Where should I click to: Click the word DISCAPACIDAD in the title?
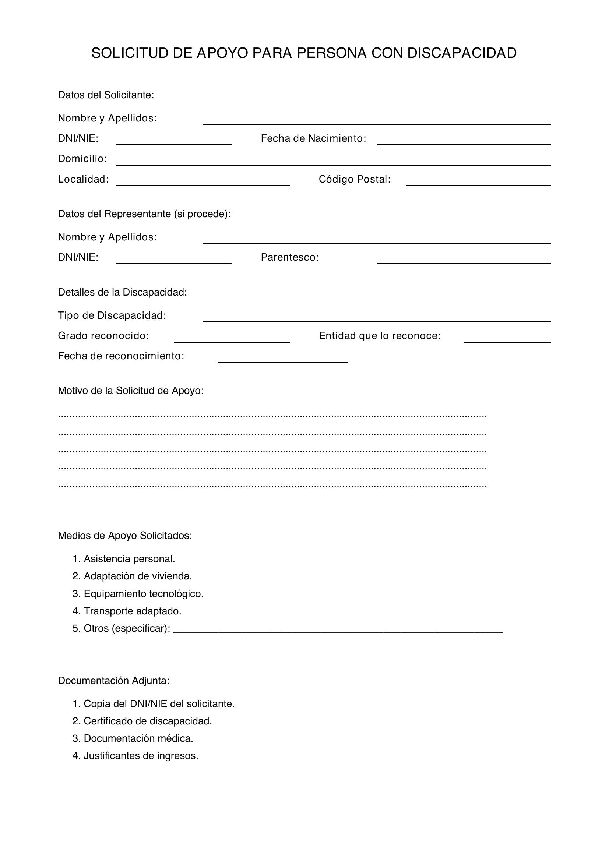(462, 53)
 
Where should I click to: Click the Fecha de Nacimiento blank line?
(464, 141)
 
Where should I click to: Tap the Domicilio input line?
(333, 161)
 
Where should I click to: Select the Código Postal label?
(354, 180)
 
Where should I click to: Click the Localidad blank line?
(203, 181)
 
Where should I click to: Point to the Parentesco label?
(289, 258)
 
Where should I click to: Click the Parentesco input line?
(464, 260)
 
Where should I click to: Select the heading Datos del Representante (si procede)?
(144, 214)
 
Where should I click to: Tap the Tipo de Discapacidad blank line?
(377, 318)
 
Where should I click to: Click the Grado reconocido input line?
(231, 338)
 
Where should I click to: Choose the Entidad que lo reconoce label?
(380, 336)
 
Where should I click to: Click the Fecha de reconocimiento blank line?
(282, 358)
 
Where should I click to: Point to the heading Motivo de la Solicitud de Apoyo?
(130, 391)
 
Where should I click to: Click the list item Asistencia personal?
(129, 559)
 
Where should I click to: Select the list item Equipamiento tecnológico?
(143, 594)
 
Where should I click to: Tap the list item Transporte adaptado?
(132, 611)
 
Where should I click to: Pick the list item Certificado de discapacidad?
(147, 721)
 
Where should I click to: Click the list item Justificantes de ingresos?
(141, 756)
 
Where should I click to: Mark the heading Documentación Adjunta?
(114, 681)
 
